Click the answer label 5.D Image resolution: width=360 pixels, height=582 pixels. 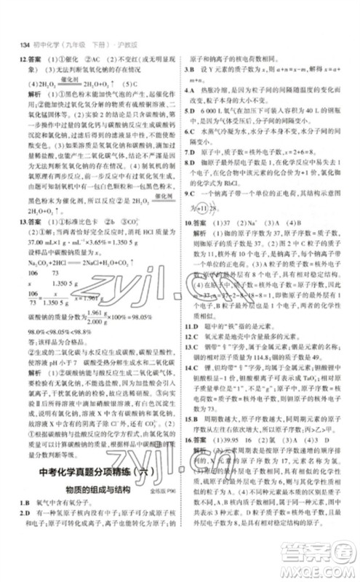click(189, 108)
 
